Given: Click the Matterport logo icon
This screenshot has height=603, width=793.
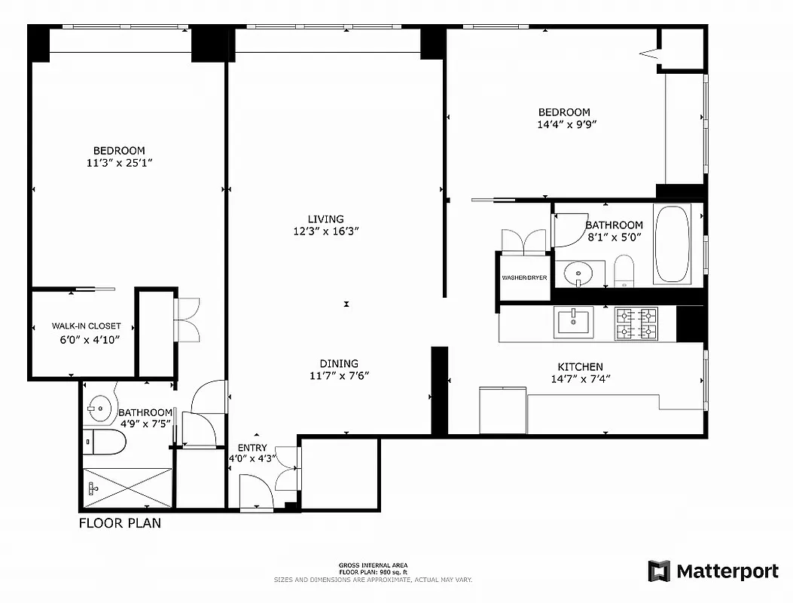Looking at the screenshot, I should pyautogui.click(x=659, y=571).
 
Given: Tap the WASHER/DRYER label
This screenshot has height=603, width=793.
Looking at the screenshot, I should pyautogui.click(x=524, y=278).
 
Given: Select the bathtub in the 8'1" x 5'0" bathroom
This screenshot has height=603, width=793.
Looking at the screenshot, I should pyautogui.click(x=672, y=244).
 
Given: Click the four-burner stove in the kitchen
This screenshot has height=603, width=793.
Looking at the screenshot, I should pyautogui.click(x=636, y=323).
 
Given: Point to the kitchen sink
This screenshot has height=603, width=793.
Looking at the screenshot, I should pyautogui.click(x=574, y=322).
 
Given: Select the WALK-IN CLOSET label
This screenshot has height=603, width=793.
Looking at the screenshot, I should pyautogui.click(x=86, y=326).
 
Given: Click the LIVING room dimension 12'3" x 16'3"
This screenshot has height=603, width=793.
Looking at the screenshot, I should pyautogui.click(x=325, y=231).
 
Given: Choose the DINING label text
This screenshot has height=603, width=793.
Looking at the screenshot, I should pyautogui.click(x=339, y=363).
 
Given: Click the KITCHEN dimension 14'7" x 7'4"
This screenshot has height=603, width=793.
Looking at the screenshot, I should pyautogui.click(x=580, y=379).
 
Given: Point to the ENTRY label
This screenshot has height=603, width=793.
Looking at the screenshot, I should pyautogui.click(x=252, y=448).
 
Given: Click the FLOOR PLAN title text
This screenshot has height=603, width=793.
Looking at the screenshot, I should pyautogui.click(x=120, y=522).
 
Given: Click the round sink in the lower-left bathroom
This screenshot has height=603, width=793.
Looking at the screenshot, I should pyautogui.click(x=98, y=410).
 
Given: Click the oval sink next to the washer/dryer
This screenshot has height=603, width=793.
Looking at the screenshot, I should pyautogui.click(x=579, y=271).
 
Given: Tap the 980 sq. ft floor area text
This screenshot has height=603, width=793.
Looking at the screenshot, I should pyautogui.click(x=373, y=572).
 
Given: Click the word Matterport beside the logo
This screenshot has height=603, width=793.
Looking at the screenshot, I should pyautogui.click(x=727, y=571).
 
